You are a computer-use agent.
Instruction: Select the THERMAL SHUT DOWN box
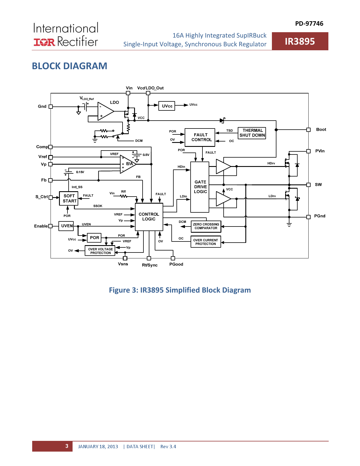point(252,133)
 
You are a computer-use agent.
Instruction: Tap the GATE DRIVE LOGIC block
point(200,187)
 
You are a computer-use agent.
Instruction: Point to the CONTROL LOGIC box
point(149,217)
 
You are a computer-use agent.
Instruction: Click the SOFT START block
point(69,199)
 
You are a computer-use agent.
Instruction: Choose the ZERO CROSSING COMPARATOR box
point(206,226)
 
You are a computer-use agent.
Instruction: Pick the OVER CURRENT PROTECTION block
point(206,242)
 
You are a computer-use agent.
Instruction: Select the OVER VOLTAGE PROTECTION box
point(100,251)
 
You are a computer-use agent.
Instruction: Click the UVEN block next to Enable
point(66,226)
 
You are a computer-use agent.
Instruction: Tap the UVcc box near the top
point(167,106)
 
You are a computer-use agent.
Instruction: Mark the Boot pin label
point(321,130)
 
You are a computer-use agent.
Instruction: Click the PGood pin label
point(176,264)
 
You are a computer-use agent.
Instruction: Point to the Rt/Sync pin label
point(150,265)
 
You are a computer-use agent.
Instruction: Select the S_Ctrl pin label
point(42,197)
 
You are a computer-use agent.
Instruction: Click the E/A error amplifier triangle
point(128,164)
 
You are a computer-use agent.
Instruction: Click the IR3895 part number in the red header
point(300,42)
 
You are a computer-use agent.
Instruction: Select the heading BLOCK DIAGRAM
point(69,66)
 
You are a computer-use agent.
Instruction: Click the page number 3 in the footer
point(67,446)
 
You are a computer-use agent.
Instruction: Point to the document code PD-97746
point(309,24)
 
